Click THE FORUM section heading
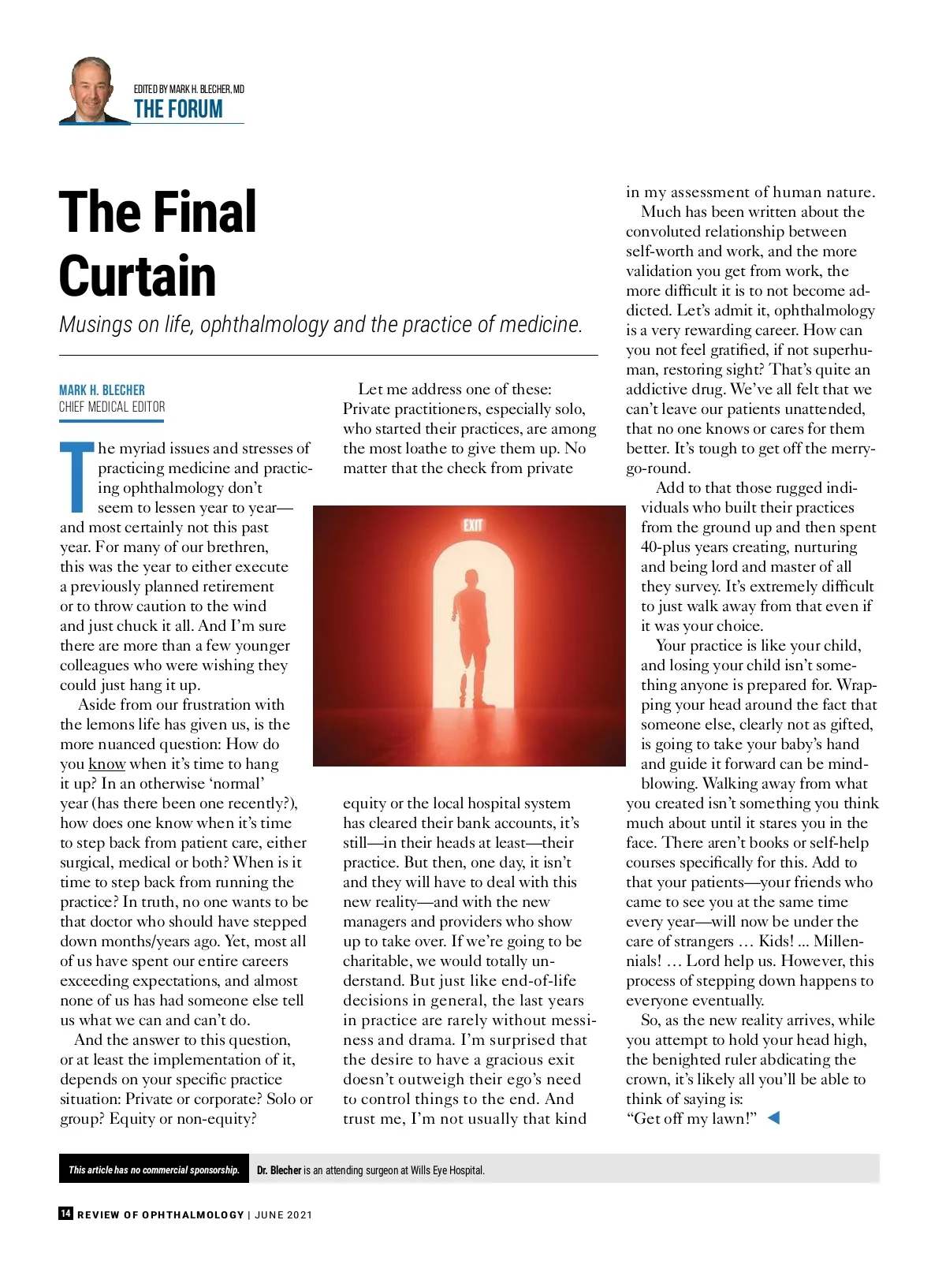coord(178,110)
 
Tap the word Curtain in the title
coord(138,276)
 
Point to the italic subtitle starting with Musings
coord(320,324)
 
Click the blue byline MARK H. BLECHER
coord(102,390)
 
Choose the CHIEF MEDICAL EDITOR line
coord(112,407)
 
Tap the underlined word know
coord(106,764)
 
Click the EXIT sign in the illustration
coord(472,525)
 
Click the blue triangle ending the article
coord(773,1117)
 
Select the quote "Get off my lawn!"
coord(691,1118)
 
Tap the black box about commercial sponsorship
coord(154,1169)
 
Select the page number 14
coord(65,1214)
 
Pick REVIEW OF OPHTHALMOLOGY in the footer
coord(160,1214)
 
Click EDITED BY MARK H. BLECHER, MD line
coord(189,89)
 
